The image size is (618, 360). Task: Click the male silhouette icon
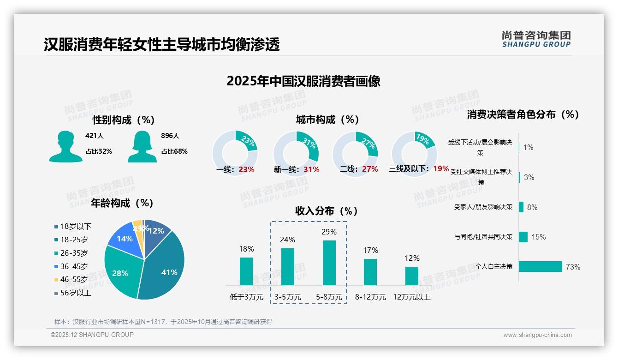(x=65, y=147)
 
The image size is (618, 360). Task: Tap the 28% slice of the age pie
(x=121, y=272)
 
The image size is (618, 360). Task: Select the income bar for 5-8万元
(x=329, y=263)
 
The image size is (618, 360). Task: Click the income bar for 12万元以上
(x=412, y=276)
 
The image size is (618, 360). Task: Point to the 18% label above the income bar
(x=246, y=249)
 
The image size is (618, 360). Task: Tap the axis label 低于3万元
(x=246, y=297)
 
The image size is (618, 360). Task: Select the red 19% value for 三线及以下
(x=441, y=169)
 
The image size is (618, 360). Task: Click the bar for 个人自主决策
(x=540, y=267)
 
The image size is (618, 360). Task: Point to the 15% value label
(x=538, y=237)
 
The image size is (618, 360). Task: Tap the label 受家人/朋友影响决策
(x=483, y=207)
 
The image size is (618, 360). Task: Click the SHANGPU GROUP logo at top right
(x=536, y=39)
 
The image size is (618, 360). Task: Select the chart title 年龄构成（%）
(x=122, y=203)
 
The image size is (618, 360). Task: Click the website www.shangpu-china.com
(x=537, y=335)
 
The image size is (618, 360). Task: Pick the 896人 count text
(x=170, y=136)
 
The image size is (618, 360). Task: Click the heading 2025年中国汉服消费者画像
(x=303, y=81)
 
